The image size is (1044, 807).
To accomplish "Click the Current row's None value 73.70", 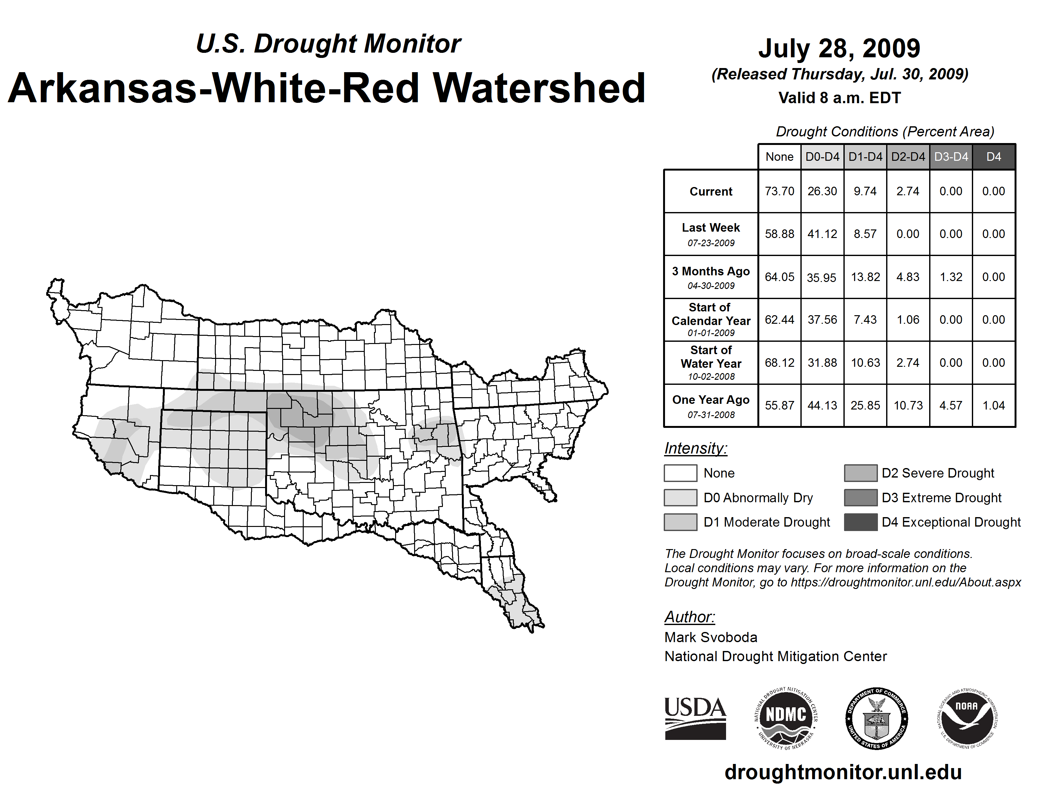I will [779, 191].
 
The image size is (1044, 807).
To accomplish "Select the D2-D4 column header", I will [908, 157].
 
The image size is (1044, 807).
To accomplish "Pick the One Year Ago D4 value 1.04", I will [993, 405].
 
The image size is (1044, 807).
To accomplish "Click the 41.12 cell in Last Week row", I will [822, 234].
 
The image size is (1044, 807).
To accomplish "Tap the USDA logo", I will [695, 718].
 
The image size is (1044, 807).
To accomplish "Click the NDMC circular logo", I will [786, 718].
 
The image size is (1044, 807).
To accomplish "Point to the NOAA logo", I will [966, 718].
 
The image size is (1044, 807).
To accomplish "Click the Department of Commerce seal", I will [876, 718].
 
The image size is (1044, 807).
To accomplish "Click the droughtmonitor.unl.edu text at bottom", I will [843, 772].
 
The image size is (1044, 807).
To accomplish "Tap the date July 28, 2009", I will [839, 48].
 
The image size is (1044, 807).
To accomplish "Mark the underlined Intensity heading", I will [695, 448].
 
